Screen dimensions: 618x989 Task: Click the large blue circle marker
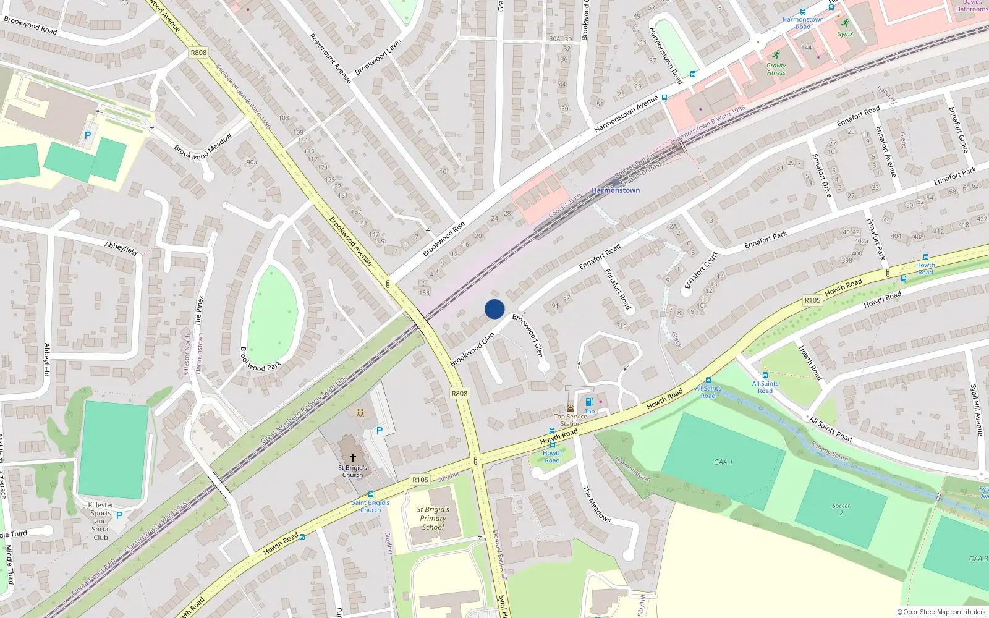point(494,309)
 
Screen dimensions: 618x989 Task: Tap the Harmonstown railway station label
point(616,190)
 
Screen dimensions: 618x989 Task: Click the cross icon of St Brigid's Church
point(353,458)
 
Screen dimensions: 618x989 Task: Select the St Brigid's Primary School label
point(433,519)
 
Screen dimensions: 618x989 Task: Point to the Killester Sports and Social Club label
point(101,521)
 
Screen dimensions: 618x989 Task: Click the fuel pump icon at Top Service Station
point(589,402)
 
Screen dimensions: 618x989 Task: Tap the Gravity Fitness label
point(776,69)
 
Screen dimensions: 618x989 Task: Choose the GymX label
point(845,34)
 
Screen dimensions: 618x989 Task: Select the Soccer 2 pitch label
point(841,509)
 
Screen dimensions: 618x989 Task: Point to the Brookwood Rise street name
point(443,239)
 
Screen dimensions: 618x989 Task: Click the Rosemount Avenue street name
point(330,58)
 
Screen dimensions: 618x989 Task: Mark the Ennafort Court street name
point(702,270)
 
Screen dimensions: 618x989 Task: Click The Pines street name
point(198,310)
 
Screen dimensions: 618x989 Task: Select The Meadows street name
point(597,504)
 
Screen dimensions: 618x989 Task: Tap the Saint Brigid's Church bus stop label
point(370,506)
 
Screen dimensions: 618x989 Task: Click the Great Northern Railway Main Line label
point(304,408)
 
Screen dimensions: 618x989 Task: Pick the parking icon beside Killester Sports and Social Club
point(119,515)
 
